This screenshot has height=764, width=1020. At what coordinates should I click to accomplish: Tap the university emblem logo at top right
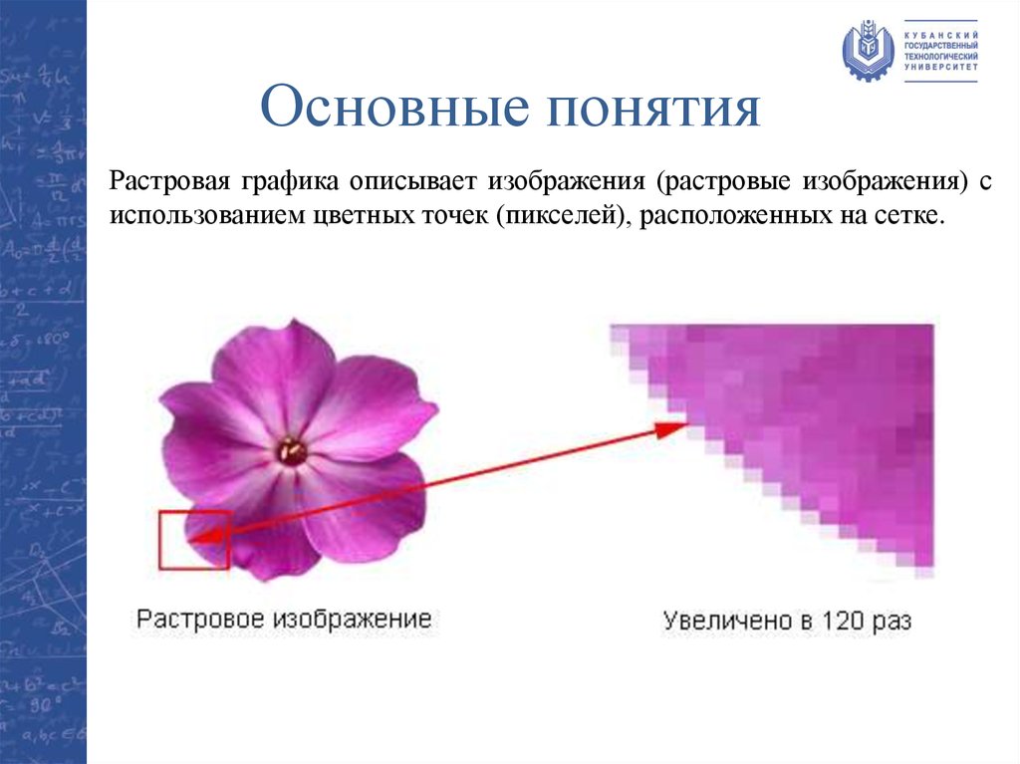click(x=868, y=50)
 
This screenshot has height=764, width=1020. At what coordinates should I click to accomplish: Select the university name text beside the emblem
click(x=939, y=49)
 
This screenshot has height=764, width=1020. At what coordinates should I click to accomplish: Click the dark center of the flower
click(x=291, y=451)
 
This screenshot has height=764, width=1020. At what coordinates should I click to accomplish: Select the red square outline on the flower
click(x=194, y=540)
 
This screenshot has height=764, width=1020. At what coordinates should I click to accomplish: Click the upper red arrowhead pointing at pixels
click(x=674, y=427)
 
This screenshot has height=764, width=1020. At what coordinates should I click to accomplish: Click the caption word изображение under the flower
click(x=356, y=619)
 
